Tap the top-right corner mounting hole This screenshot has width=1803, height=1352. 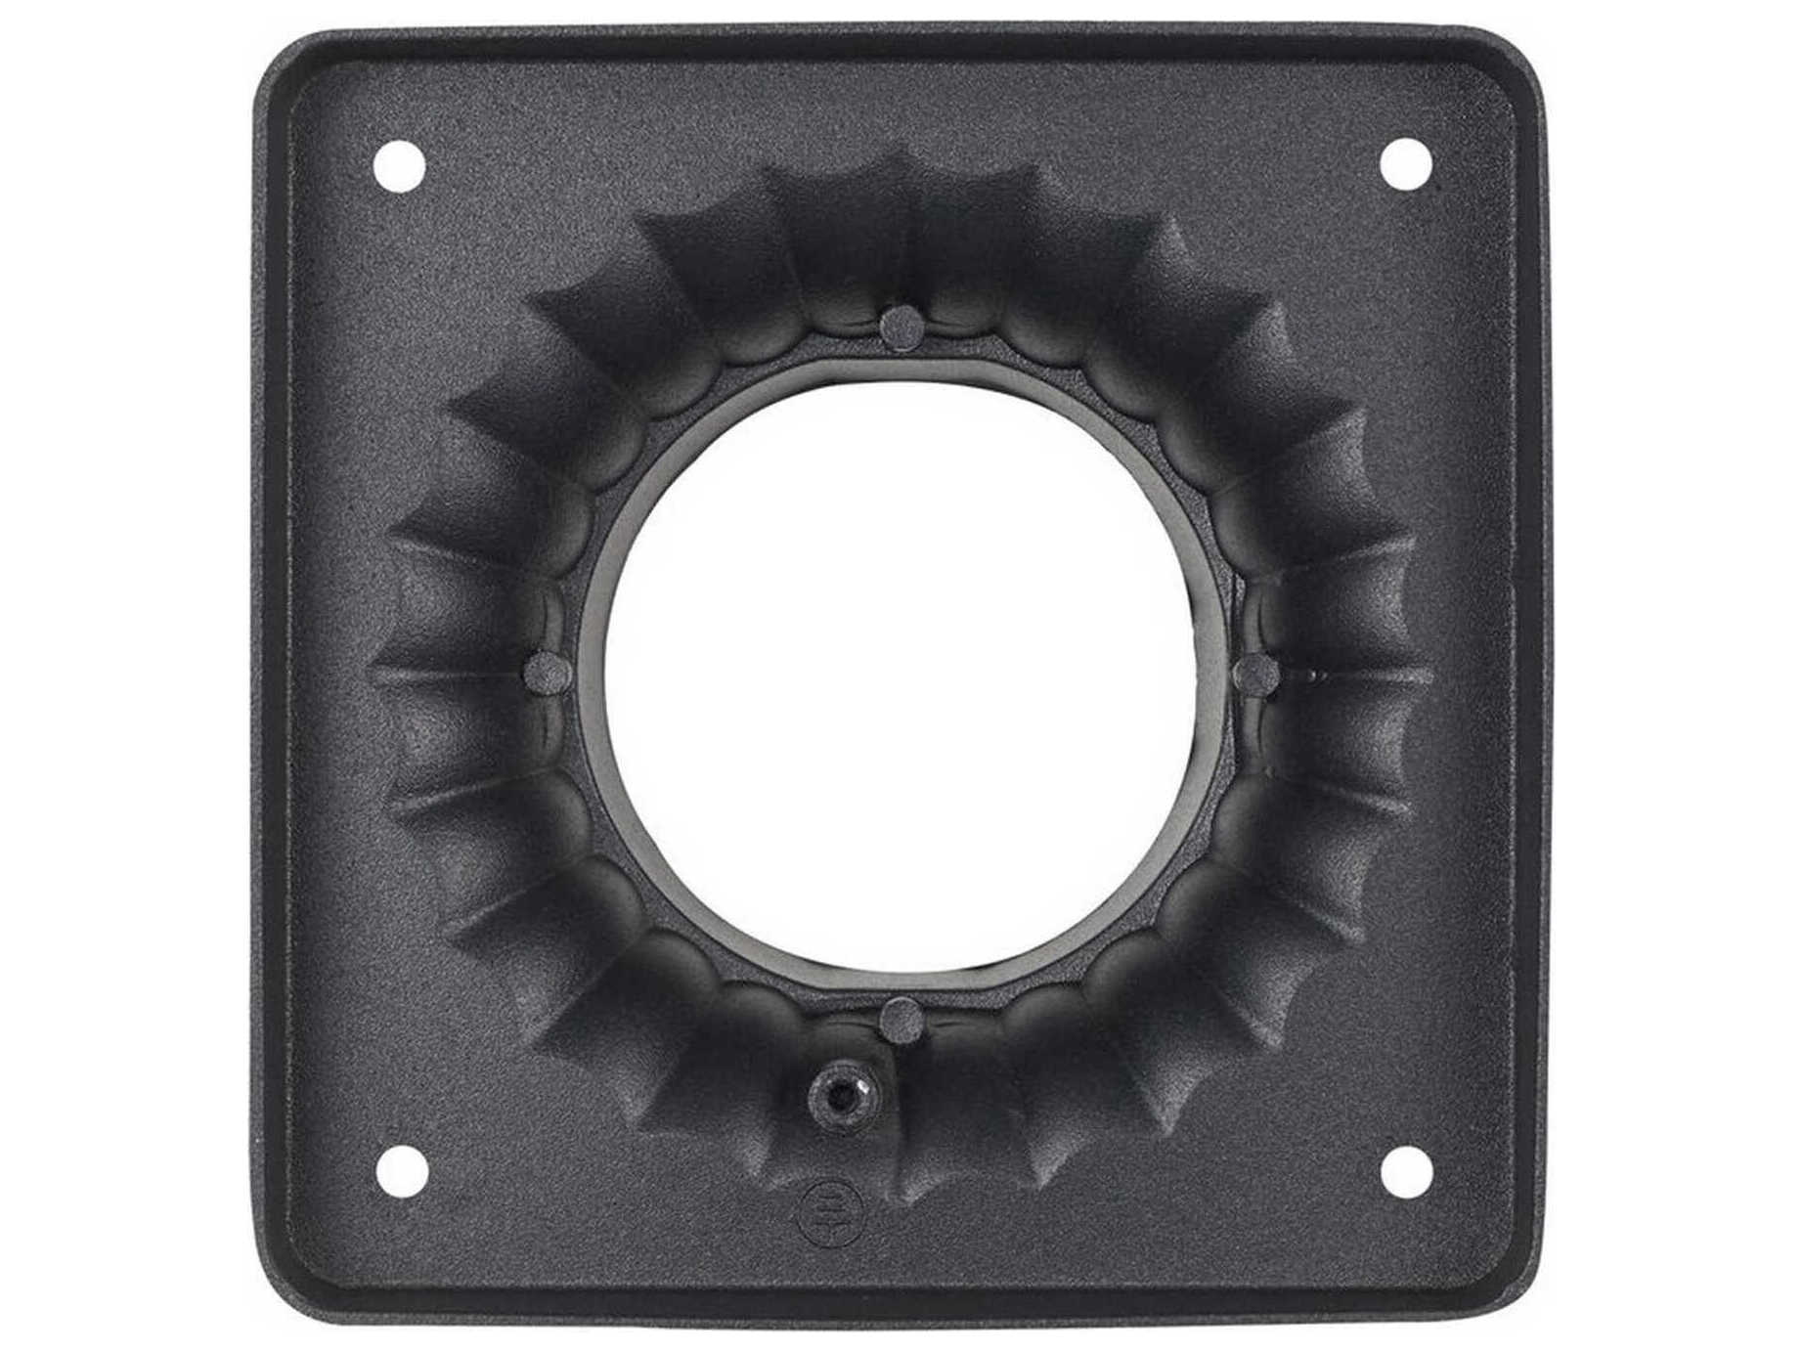(x=1406, y=163)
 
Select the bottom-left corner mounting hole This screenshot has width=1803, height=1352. (x=402, y=1170)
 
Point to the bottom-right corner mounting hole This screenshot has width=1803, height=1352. (x=1406, y=1170)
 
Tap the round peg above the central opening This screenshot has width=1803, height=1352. (x=901, y=326)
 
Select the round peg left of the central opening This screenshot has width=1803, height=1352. (x=548, y=672)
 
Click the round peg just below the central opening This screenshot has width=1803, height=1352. (x=901, y=1020)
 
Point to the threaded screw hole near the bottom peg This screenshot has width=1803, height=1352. (x=840, y=1098)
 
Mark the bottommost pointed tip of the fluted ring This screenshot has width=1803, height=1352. (x=901, y=1204)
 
